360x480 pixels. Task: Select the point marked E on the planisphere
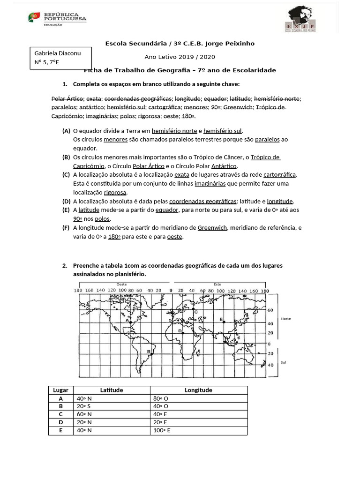[x=224, y=322]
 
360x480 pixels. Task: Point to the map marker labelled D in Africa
[x=183, y=333]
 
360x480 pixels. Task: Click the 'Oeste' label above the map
[x=121, y=284]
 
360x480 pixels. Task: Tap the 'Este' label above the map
[x=217, y=284]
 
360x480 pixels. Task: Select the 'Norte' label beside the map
[x=285, y=319]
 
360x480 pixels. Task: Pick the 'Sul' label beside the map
[x=283, y=362]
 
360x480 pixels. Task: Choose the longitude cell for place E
[x=162, y=430]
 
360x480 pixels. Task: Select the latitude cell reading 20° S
[x=84, y=406]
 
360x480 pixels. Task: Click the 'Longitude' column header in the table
[x=198, y=390]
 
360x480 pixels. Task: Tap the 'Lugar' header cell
[x=61, y=390]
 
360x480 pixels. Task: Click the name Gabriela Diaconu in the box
[x=58, y=53]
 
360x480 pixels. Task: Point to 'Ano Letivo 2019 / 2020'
[x=180, y=57]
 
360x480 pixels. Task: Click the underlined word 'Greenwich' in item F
[x=212, y=228]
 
